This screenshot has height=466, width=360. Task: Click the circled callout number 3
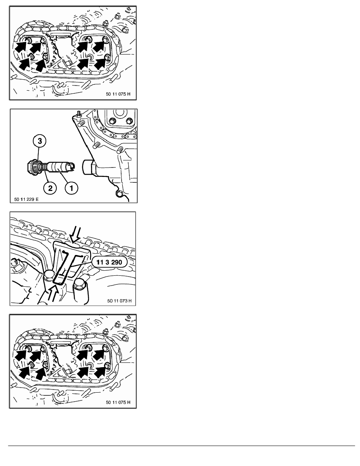pyautogui.click(x=40, y=141)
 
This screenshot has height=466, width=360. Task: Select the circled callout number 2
pyautogui.click(x=50, y=187)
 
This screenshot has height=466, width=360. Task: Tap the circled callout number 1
pyautogui.click(x=71, y=187)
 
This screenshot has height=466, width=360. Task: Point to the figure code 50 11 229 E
pyautogui.click(x=26, y=199)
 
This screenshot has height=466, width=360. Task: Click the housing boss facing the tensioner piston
pyautogui.click(x=89, y=167)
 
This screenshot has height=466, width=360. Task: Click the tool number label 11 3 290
pyautogui.click(x=109, y=262)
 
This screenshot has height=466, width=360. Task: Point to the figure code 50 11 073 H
pyautogui.click(x=119, y=301)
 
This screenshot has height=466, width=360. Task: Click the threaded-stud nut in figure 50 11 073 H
pyautogui.click(x=14, y=262)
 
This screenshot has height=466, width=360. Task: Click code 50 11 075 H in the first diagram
pyautogui.click(x=118, y=94)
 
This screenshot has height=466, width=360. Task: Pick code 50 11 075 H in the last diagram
pyautogui.click(x=118, y=402)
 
